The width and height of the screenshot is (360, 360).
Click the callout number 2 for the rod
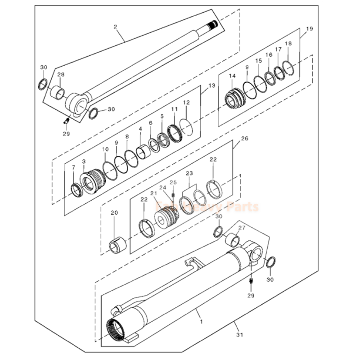tap(115, 27)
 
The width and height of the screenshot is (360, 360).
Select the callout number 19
tap(309, 29)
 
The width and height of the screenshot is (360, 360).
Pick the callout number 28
tap(60, 75)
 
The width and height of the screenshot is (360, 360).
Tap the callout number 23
tap(189, 173)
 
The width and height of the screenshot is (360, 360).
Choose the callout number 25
tap(173, 182)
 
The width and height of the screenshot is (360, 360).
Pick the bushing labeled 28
tap(58, 94)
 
